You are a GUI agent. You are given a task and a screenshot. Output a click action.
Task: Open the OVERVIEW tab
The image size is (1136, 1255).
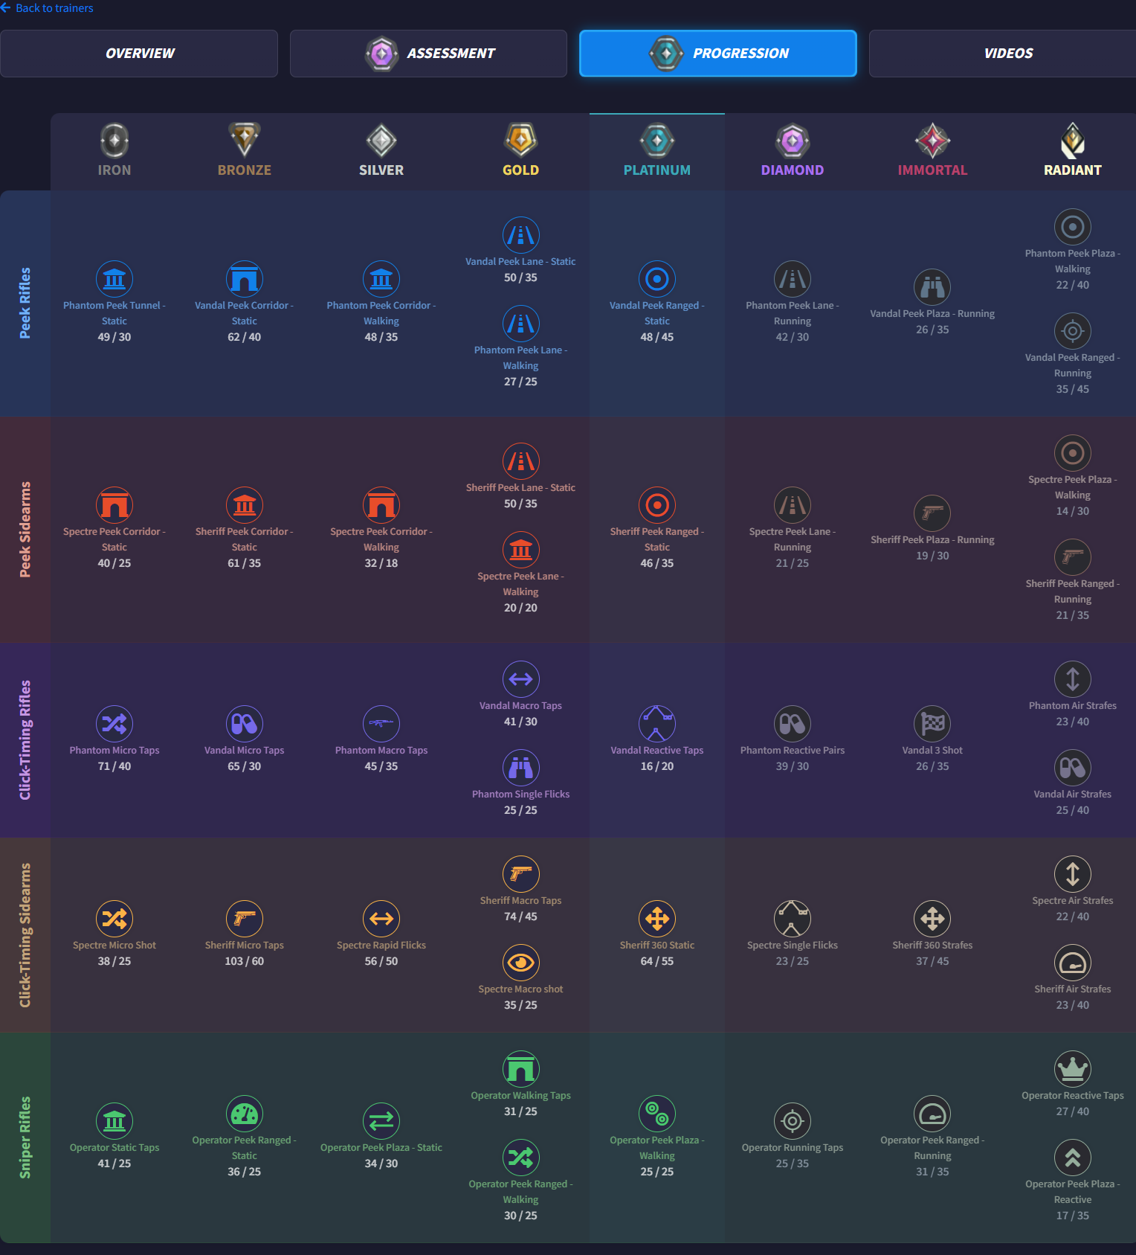pos(139,54)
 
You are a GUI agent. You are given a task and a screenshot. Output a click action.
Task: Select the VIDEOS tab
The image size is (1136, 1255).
pos(1007,54)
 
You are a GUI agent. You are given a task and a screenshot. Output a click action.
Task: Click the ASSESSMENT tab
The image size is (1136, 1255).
pos(428,54)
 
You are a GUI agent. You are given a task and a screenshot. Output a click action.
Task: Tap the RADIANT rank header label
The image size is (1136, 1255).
pos(1072,170)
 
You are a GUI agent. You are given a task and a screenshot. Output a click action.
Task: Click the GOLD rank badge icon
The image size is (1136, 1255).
pos(520,140)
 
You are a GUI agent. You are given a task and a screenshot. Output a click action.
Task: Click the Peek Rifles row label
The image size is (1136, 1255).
pos(25,303)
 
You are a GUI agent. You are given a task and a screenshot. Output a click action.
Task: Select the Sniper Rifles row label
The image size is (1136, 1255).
pos(25,1137)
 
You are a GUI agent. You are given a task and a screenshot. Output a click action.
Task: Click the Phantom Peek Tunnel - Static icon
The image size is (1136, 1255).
pos(114,279)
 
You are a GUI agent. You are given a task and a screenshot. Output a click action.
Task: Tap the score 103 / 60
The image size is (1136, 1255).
pos(244,961)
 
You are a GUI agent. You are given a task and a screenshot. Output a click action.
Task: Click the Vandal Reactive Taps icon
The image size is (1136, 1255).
pos(656,724)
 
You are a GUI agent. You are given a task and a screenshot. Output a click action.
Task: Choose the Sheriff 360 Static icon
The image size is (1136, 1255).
pos(656,919)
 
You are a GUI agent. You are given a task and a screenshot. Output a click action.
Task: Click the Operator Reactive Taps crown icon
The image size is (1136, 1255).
pos(1072,1069)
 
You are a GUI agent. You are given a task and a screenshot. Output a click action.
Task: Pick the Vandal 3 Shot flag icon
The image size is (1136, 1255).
pos(932,724)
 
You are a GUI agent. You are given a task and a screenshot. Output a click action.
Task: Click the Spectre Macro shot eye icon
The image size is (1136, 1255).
pos(520,963)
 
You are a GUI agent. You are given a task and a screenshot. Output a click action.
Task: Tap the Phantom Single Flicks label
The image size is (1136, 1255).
pos(520,795)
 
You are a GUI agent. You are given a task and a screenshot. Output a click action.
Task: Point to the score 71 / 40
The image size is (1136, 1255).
pos(114,766)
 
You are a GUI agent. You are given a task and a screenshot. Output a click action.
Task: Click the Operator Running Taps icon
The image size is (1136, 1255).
pos(792,1121)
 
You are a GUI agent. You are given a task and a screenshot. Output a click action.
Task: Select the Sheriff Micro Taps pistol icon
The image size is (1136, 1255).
pos(244,919)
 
